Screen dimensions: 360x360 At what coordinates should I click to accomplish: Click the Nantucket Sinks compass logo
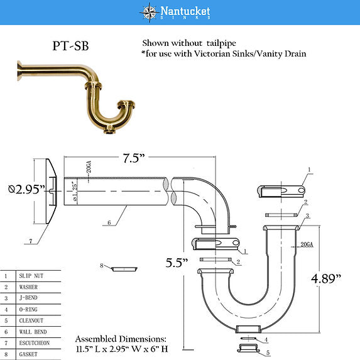[x=149, y=12]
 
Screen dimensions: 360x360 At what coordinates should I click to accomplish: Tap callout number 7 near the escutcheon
[x=30, y=241]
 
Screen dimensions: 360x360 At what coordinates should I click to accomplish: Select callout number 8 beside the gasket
[x=102, y=265]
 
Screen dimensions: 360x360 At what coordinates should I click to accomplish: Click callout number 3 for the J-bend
[x=307, y=215]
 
